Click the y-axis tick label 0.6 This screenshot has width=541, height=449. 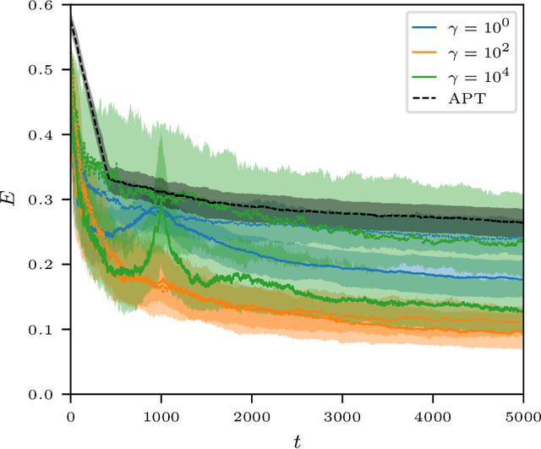(x=48, y=6)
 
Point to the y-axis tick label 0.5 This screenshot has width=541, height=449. (x=48, y=70)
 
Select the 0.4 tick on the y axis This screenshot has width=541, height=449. (x=48, y=135)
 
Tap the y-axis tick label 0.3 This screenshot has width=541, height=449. (x=48, y=200)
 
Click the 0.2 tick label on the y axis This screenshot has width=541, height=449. (x=48, y=265)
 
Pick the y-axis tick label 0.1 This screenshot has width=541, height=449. (x=48, y=330)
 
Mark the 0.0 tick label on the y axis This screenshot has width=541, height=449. (x=48, y=395)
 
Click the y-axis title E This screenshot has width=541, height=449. (x=11, y=200)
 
